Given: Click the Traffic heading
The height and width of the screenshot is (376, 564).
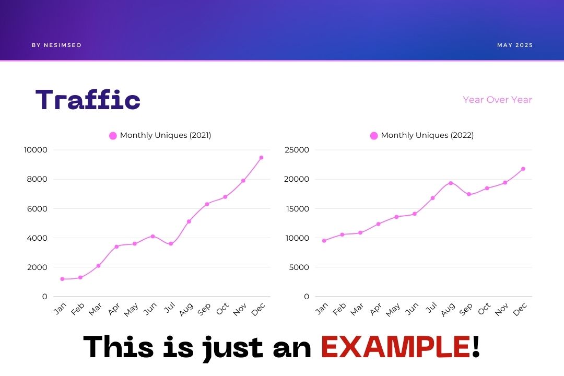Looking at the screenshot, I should point(88,100).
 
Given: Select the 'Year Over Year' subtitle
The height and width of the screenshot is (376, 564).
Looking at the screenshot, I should point(497,100).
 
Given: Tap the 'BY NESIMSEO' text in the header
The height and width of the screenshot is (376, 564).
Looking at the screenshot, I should point(56,45).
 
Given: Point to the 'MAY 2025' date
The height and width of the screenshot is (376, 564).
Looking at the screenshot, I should point(515,45).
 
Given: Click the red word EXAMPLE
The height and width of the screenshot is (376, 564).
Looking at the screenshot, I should point(395,346).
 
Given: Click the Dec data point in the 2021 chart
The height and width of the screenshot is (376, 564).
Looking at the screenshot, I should point(261,157).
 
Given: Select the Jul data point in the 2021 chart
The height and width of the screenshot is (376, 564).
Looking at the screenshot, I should point(171,244).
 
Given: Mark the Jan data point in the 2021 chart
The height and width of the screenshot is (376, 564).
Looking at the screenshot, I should point(62,279).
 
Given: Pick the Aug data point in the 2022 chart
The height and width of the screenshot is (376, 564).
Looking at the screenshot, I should point(450,183).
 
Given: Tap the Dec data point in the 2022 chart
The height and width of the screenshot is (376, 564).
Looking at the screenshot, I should point(523,169).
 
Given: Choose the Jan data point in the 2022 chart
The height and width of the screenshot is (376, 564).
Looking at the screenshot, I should point(324,241).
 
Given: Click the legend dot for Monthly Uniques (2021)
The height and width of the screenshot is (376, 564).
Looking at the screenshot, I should point(113,136).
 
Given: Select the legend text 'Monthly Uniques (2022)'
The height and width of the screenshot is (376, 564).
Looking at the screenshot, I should point(427,135).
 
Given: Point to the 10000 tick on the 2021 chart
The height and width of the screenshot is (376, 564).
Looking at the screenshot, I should point(36,150).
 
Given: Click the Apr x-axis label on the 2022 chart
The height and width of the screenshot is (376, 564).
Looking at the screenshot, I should point(375,310).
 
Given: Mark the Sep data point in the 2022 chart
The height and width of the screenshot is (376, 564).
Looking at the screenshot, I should point(469,194).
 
